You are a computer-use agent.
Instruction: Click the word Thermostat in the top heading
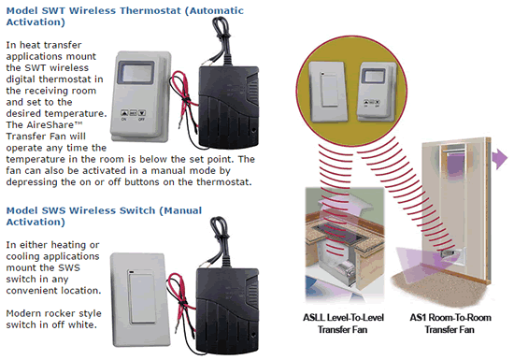pos(150,10)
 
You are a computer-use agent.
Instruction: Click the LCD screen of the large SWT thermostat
pos(136,72)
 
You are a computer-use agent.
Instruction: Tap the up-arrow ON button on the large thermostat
pos(124,113)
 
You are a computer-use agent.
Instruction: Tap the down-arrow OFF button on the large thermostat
pos(142,113)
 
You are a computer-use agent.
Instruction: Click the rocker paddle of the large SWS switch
pos(142,297)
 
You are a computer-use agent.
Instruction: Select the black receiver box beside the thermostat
pos(229,106)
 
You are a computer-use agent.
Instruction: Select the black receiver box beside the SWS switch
pos(227,309)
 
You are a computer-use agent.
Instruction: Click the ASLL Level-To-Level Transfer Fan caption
pos(343,324)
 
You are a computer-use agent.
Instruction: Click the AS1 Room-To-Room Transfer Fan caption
pos(450,324)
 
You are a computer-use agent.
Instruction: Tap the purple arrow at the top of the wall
pos(500,158)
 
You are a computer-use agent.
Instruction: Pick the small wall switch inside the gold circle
pos(328,92)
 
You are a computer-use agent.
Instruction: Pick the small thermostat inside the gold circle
pos(377,92)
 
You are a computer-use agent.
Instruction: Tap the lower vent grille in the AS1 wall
pos(450,253)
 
